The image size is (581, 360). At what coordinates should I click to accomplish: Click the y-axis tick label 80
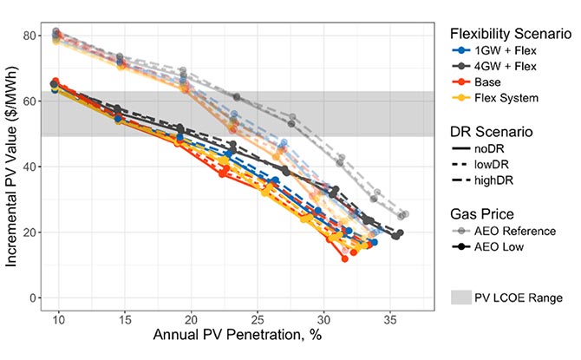[x=33, y=36]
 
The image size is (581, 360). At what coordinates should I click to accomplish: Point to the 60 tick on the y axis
[x=33, y=101]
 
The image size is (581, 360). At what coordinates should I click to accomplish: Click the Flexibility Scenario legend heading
[x=511, y=34]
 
